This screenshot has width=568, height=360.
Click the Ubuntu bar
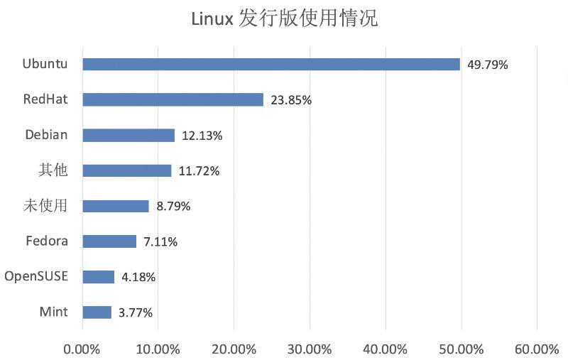click(x=271, y=64)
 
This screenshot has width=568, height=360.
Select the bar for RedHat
click(x=173, y=99)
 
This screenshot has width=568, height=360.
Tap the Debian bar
click(x=129, y=135)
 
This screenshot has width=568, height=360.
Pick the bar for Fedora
click(x=109, y=241)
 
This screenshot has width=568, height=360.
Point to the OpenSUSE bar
click(x=98, y=277)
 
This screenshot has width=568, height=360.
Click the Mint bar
click(x=97, y=312)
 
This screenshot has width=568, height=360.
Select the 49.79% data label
click(x=488, y=65)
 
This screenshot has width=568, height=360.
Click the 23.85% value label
click(x=290, y=100)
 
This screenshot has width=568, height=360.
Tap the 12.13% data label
click(x=202, y=136)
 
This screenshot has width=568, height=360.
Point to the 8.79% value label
click(x=173, y=207)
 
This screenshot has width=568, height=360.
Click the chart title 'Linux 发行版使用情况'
click(x=284, y=19)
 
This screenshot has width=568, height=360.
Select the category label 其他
click(x=53, y=170)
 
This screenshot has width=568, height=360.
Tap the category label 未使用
click(x=45, y=206)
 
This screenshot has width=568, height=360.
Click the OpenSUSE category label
click(x=36, y=276)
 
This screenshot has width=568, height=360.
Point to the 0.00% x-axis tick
click(x=82, y=349)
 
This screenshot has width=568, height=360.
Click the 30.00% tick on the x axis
click(x=310, y=349)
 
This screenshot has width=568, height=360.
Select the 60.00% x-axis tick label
click(x=537, y=349)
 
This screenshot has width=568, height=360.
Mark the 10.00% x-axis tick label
click(x=158, y=349)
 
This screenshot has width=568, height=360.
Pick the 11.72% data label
click(x=199, y=171)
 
